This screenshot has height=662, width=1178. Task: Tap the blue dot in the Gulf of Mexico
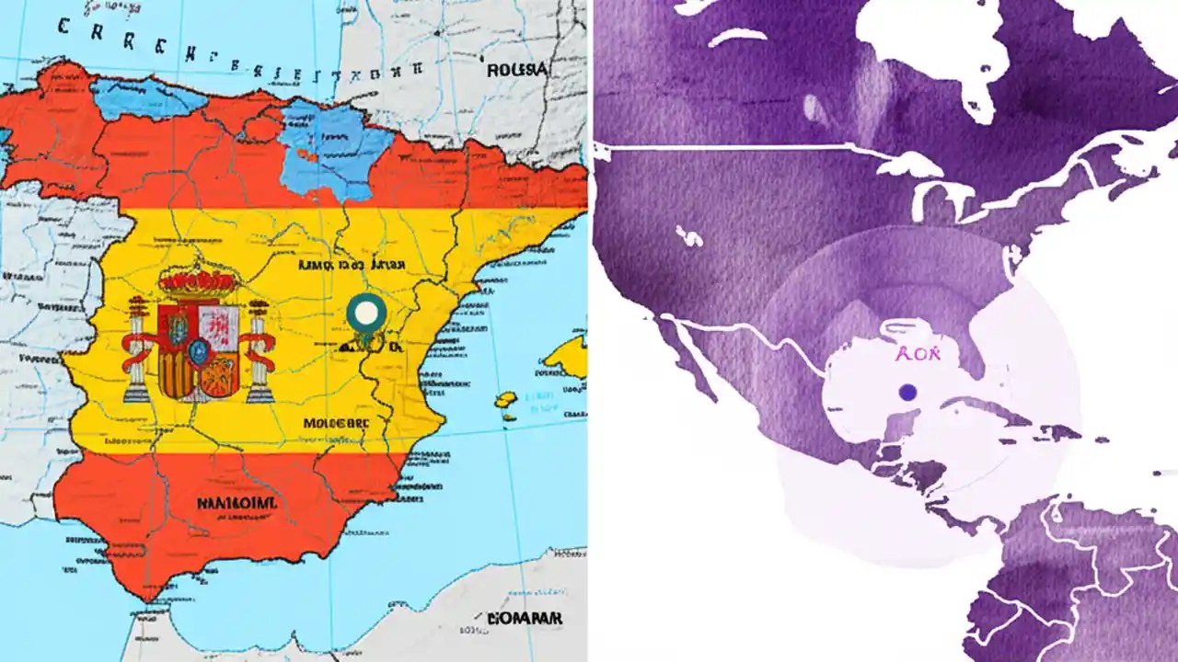(x=907, y=392)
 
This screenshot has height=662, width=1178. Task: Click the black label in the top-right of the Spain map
(x=516, y=70)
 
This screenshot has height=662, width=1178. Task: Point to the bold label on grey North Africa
(x=524, y=618)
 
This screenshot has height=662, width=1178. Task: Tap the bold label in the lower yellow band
(x=334, y=424)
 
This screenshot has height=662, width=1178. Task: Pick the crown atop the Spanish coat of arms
(x=199, y=281)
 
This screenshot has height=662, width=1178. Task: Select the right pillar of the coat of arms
(x=259, y=354)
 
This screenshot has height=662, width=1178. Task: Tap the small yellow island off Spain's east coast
(x=505, y=400)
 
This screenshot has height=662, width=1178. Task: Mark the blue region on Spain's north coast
(x=147, y=97)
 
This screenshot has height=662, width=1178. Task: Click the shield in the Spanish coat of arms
(x=199, y=349)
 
